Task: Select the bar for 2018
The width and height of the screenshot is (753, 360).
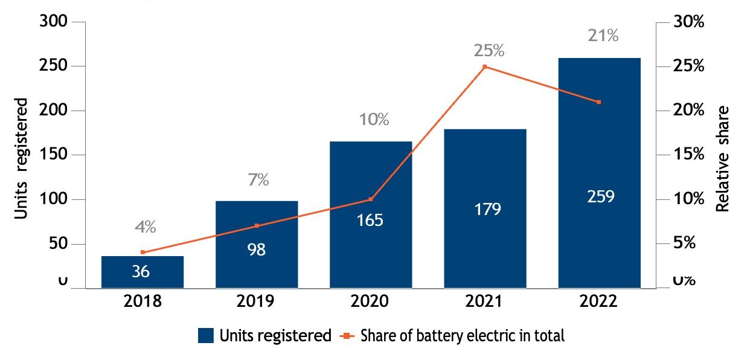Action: coord(143,272)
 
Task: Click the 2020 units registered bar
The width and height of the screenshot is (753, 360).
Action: coord(370,214)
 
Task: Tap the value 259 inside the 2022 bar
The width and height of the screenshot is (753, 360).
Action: coord(599,197)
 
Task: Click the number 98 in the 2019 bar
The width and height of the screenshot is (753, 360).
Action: coord(257,249)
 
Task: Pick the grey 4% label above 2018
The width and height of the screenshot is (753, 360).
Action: coord(145,227)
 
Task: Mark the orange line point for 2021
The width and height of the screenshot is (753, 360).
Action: coord(485,66)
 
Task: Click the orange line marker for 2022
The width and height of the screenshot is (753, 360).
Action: coord(599,102)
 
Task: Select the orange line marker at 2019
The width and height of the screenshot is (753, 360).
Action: coord(257,226)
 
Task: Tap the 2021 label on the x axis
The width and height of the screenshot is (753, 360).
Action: coord(485,302)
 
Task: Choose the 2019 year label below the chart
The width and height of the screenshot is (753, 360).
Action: coord(257,302)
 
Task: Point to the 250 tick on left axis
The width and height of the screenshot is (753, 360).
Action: coord(54,66)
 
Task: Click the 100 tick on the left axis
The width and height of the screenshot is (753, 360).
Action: coord(54,199)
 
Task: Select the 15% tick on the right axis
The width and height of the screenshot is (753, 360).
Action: coord(689,155)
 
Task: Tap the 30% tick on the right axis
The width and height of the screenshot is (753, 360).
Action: coord(689,22)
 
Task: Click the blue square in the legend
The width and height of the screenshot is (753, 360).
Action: coord(206,336)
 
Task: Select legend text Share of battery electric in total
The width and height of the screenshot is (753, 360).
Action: coord(462,336)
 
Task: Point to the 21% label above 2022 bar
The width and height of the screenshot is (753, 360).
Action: coord(603,36)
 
